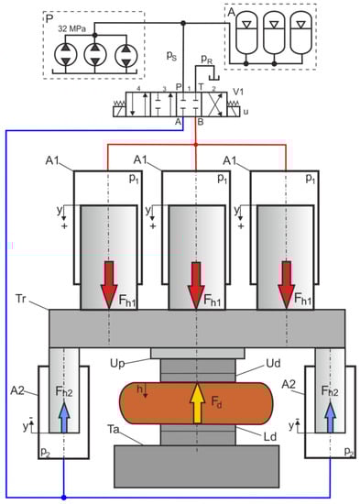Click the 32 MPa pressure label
coord(72,29)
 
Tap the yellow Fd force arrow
coord(197,402)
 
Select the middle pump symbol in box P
coord(95,55)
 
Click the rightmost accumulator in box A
coord(300,33)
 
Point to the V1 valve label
coord(238,92)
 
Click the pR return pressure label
coord(207,60)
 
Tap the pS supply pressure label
coord(171,56)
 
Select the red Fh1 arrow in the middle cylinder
coord(196,285)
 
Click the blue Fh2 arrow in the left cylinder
coord(64,417)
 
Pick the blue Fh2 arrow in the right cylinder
coord(330,417)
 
